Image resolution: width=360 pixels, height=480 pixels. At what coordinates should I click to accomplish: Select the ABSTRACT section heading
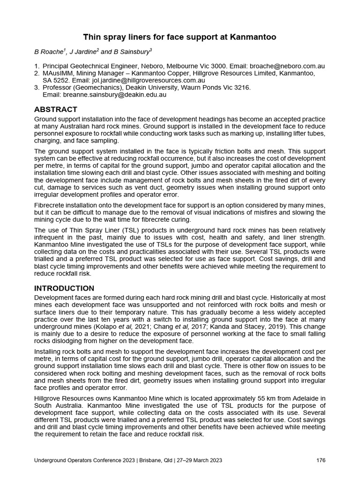pos(55,109)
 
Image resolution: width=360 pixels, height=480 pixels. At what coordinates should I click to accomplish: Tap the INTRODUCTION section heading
pos(64,288)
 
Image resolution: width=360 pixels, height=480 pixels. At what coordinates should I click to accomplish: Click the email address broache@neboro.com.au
pos(287,67)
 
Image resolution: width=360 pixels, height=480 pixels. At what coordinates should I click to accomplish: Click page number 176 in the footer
pos(321,460)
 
